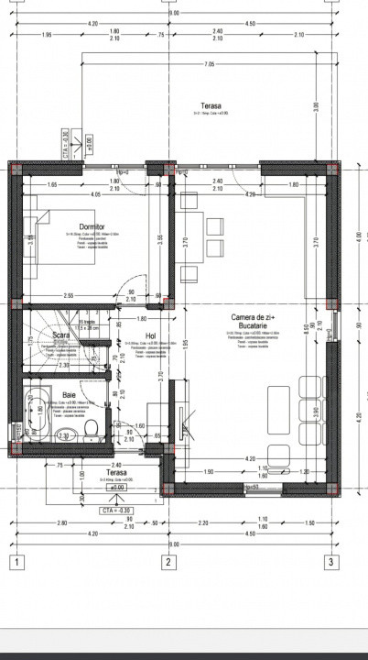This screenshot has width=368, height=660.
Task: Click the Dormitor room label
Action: pyautogui.click(x=92, y=225)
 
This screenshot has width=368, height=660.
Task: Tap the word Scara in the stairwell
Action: pyautogui.click(x=62, y=335)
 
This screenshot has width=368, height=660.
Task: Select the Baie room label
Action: pyautogui.click(x=69, y=395)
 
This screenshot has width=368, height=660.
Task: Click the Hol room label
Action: pyautogui.click(x=151, y=335)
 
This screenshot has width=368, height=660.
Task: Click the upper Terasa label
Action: pyautogui.click(x=212, y=105)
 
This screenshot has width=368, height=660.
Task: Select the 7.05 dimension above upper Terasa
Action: pyautogui.click(x=209, y=65)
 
